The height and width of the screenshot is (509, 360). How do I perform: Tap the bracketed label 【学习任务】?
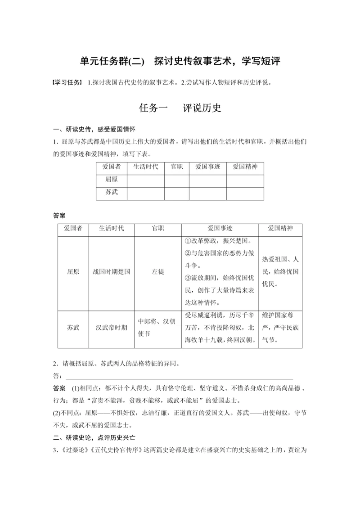pos(67,82)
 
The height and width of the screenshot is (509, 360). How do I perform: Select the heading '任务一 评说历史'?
pos(180,108)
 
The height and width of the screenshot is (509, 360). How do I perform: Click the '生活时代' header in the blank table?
pos(145,167)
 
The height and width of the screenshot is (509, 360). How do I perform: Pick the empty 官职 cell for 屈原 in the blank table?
pos(176,180)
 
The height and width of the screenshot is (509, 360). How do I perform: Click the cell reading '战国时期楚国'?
pos(112,272)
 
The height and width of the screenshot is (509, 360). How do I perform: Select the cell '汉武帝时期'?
pos(112,328)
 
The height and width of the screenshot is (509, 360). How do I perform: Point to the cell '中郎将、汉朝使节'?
pos(157,328)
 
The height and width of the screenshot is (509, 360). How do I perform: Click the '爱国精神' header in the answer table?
pos(280,228)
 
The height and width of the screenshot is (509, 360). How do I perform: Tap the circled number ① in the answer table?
pos(189,241)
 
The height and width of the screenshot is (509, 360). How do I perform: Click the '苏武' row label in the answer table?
pos(73,328)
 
